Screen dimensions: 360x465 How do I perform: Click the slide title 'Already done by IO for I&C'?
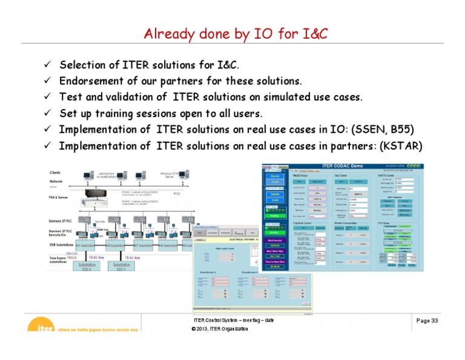point(236,35)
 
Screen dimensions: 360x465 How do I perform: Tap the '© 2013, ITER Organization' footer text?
point(220,328)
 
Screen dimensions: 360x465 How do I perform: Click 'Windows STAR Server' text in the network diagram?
point(172,175)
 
